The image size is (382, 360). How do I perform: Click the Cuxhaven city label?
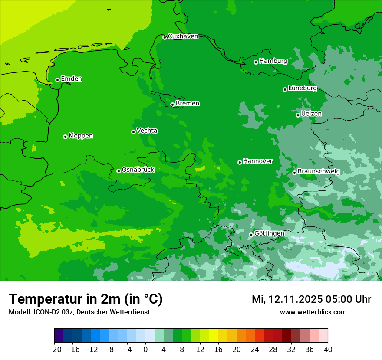183,36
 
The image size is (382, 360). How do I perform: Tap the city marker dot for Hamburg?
256,62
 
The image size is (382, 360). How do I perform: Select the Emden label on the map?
71,79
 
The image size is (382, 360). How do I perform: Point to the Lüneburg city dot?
285,89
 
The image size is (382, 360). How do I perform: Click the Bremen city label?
188,104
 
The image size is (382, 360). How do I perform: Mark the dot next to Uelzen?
298,115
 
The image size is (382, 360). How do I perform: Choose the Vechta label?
147,131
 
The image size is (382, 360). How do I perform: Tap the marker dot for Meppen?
65,137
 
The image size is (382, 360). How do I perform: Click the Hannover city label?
257,161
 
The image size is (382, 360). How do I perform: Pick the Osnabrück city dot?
119,171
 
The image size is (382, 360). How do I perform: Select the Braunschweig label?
319,172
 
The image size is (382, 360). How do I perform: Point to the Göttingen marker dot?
251,235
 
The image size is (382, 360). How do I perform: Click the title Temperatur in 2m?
86,299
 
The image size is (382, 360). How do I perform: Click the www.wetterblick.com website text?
313,312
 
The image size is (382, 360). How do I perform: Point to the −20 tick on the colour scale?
54,350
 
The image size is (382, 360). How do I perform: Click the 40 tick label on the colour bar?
328,350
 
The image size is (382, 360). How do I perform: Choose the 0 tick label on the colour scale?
145,350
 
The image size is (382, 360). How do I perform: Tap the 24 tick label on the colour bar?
255,350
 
